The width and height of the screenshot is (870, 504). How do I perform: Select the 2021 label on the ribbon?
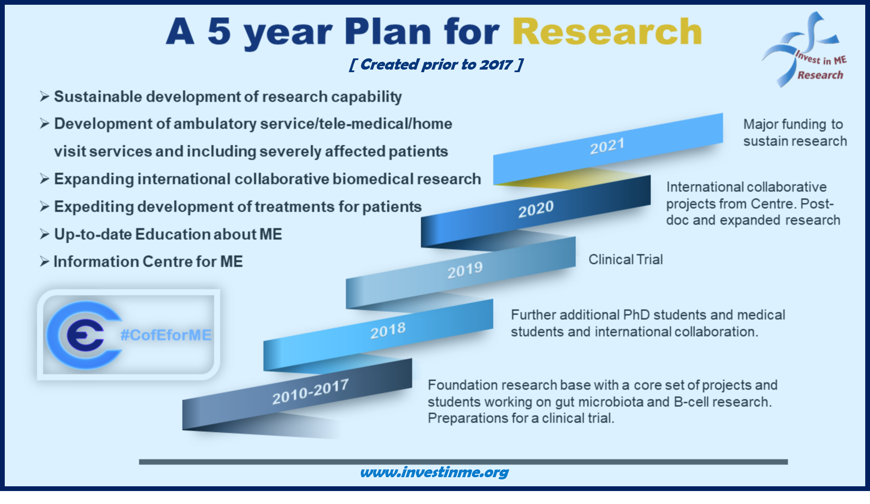[607, 146]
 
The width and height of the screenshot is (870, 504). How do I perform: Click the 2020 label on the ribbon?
[536, 209]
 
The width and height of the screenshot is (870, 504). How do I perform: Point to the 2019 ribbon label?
[465, 271]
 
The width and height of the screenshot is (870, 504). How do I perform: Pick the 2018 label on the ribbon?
[388, 331]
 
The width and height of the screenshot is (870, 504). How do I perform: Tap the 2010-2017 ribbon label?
[311, 392]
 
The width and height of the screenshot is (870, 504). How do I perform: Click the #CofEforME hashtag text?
[166, 335]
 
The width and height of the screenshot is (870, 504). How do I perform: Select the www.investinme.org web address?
[434, 472]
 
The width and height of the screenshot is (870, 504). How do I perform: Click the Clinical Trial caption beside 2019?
[626, 259]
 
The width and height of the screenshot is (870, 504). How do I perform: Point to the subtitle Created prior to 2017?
[436, 64]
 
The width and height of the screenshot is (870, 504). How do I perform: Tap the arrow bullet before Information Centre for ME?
[45, 262]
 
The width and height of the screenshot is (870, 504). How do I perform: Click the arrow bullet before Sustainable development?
[45, 96]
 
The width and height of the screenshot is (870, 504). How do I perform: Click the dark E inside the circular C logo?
[85, 335]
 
